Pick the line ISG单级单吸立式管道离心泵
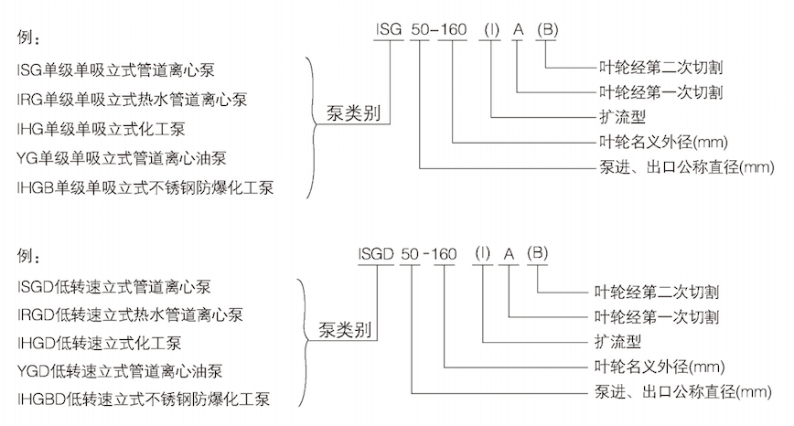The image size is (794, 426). pos(116,69)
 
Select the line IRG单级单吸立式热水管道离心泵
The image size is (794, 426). pos(132,99)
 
